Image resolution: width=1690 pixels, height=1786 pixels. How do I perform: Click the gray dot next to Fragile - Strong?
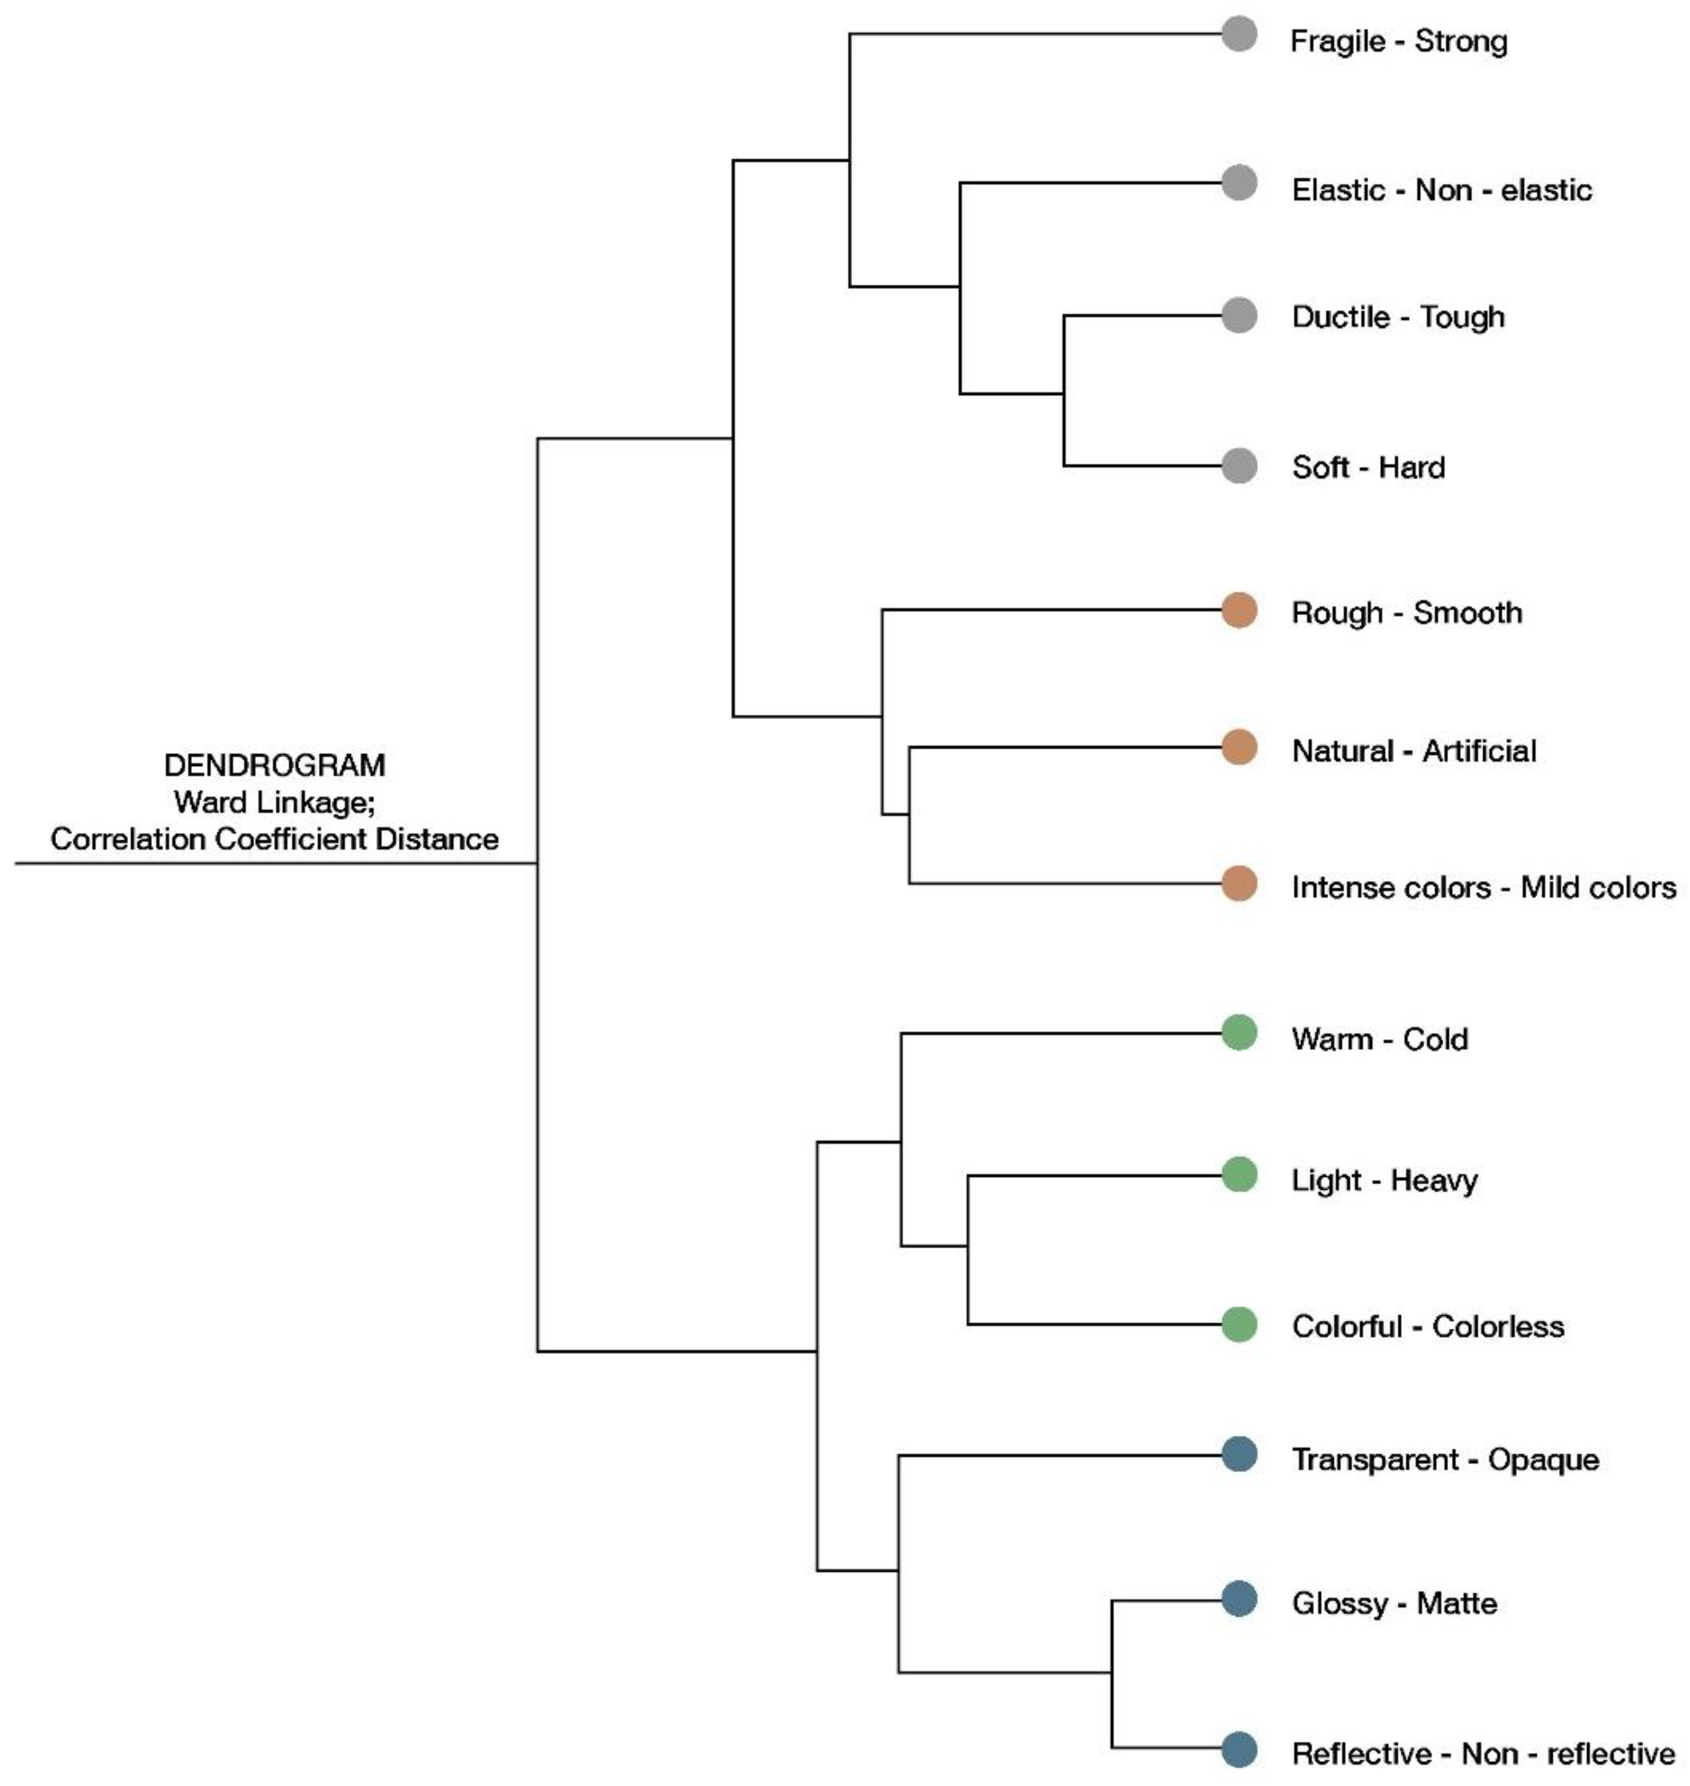[x=1240, y=34]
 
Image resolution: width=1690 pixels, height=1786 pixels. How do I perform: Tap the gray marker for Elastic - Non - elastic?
[x=1240, y=184]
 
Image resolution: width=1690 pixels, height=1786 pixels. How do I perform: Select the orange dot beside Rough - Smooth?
[x=1240, y=610]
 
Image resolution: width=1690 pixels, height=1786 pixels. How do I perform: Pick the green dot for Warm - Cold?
[x=1240, y=1033]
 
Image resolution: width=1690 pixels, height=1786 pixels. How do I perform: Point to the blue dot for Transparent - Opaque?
[x=1240, y=1456]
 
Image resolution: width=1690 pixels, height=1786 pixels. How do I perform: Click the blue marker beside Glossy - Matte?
[x=1240, y=1599]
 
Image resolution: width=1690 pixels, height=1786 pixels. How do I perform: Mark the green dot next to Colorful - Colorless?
[x=1240, y=1325]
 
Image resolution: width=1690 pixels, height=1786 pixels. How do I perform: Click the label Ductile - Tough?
[x=1398, y=317]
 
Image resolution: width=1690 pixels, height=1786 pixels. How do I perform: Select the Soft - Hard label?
[x=1368, y=467]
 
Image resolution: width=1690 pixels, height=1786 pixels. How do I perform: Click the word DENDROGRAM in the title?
[x=275, y=765]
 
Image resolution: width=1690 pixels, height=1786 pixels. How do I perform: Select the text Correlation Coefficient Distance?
[x=275, y=839]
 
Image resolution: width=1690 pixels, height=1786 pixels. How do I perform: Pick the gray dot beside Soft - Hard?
[x=1240, y=465]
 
